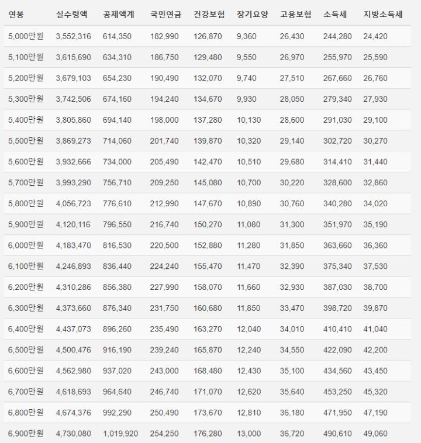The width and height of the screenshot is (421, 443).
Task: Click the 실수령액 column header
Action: pos(73,15)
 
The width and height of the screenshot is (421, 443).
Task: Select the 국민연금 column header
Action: pos(165,15)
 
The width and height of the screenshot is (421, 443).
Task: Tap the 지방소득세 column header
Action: pos(383,15)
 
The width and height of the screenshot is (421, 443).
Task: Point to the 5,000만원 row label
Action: pos(26,36)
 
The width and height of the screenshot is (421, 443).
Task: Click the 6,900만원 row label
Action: pos(26,433)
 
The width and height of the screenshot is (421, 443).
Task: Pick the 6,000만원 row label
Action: pos(26,245)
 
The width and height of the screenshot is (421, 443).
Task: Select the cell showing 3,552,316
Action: pos(73,36)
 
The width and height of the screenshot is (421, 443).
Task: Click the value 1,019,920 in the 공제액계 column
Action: pos(120,433)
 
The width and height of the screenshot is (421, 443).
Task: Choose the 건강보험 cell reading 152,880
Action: pos(208,245)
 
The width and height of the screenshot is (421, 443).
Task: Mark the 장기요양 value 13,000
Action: pos(249,433)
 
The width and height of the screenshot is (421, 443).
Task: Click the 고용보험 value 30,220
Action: pos(292,182)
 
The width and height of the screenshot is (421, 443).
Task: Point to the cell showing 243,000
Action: pos(164,371)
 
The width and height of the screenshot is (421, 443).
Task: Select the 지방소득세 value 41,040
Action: pos(375,328)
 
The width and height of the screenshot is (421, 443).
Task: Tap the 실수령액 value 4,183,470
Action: pos(73,245)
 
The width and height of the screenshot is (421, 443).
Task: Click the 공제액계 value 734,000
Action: pos(117,162)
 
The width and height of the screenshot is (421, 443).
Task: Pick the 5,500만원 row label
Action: pos(26,141)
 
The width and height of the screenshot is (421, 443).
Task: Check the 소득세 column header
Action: pos(334,15)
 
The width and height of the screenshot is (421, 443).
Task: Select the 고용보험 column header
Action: pos(295,15)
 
